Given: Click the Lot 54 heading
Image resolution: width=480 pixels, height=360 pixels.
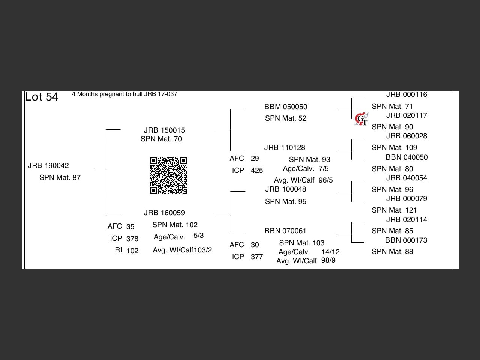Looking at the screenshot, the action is [x=42, y=97].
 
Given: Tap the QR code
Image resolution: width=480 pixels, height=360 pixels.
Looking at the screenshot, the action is [x=168, y=175].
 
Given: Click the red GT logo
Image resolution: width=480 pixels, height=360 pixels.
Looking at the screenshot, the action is [x=361, y=119].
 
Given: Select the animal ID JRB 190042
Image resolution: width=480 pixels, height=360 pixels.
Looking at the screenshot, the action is [x=48, y=166].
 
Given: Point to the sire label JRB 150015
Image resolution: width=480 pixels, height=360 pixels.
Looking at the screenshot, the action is [x=164, y=130].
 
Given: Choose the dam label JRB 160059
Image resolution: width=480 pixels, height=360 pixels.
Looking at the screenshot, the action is [x=164, y=213].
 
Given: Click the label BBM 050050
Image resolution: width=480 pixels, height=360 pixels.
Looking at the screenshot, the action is [x=286, y=107].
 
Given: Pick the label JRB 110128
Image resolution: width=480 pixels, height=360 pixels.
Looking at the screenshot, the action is [x=285, y=148].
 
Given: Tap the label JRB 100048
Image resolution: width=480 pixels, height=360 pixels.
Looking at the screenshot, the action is [x=286, y=189].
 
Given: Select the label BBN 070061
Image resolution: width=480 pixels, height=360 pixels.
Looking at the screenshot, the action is [x=285, y=231].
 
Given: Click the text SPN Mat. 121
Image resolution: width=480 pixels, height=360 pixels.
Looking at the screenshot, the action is [x=394, y=210].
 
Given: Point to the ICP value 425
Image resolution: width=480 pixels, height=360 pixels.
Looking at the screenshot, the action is [x=257, y=171].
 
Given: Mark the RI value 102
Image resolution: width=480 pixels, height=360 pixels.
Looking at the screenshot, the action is [x=132, y=251].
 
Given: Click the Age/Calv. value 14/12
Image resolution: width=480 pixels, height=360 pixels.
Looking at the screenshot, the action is [x=330, y=252].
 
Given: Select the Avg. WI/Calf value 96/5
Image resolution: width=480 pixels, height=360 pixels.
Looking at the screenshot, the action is [x=325, y=180].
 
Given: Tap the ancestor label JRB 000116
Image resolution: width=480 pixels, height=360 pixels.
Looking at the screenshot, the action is [x=406, y=94].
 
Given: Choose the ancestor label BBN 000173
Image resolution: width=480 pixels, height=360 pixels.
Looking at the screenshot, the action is [x=406, y=240].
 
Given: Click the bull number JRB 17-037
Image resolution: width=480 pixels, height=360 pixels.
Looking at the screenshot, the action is [x=160, y=94].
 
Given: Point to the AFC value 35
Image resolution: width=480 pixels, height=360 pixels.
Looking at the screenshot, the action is [x=130, y=226].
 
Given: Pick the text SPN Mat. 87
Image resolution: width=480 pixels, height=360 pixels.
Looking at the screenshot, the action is [x=60, y=178].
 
